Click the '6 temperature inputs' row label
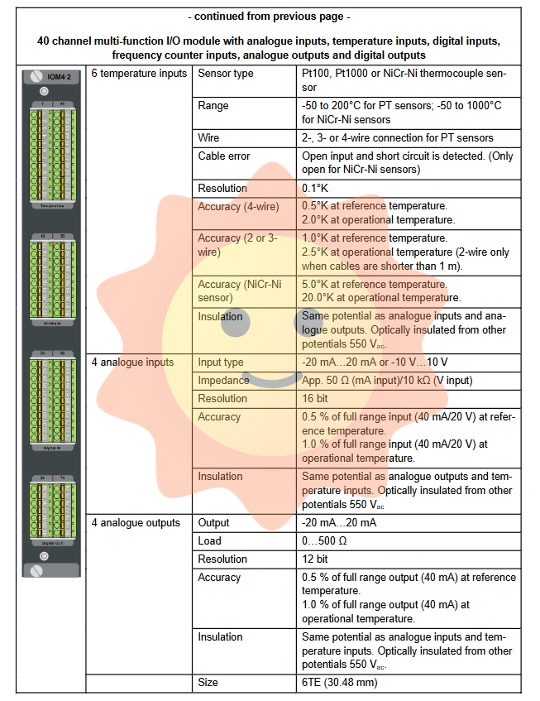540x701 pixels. tap(138, 74)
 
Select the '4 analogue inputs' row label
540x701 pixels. tap(132, 362)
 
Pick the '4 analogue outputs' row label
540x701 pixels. tap(135, 522)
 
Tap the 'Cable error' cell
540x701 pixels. tap(224, 156)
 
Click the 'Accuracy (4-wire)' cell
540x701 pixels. tap(241, 206)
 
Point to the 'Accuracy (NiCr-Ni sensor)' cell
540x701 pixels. tap(239, 290)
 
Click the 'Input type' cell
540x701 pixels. tap(221, 362)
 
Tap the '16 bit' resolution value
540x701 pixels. tap(316, 398)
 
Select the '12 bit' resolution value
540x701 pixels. tap(316, 559)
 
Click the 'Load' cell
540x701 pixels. tap(210, 540)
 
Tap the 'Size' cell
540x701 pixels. tap(209, 683)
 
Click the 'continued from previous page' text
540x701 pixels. tap(270, 16)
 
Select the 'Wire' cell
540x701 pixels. tap(211, 137)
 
